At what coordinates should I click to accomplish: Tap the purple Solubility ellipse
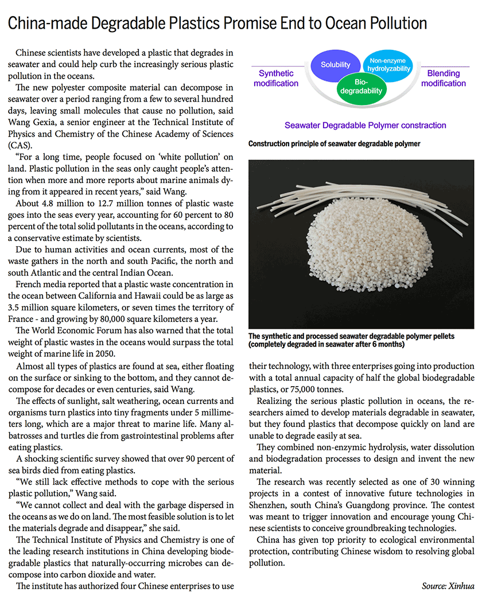(335, 65)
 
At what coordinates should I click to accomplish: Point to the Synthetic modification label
(276, 78)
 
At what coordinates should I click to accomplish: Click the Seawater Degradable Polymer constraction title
(365, 125)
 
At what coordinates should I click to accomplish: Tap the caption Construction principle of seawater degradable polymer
(335, 143)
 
